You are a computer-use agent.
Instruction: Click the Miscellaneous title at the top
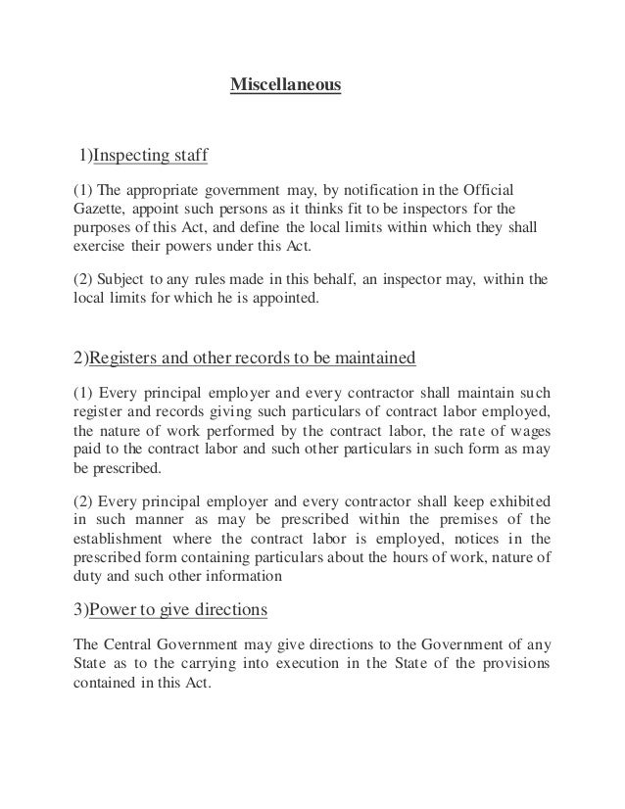point(285,86)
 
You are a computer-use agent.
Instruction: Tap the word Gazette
point(96,209)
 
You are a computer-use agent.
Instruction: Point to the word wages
point(525,429)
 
